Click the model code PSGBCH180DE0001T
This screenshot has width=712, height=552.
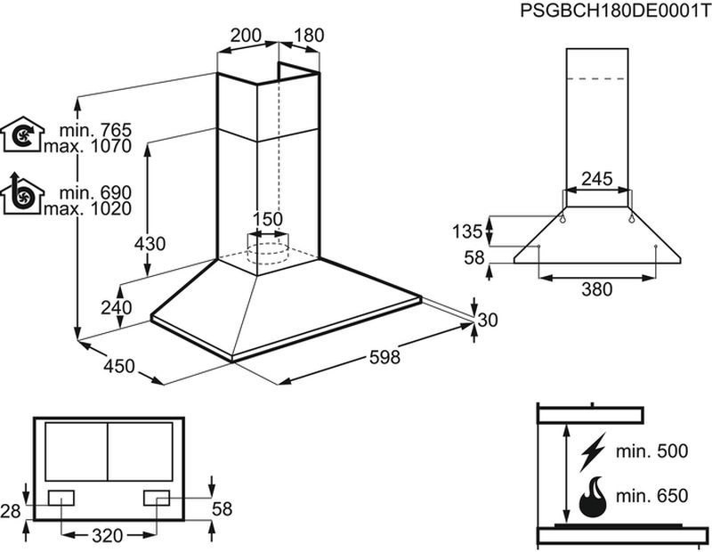click(615, 10)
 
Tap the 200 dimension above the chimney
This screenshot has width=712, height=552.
click(247, 36)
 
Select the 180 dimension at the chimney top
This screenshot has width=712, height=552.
click(309, 36)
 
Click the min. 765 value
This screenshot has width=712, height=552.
click(95, 130)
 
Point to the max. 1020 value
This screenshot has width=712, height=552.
click(87, 208)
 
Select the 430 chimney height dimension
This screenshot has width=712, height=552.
click(150, 244)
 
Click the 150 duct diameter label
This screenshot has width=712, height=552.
click(268, 219)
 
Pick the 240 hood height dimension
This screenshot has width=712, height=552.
click(117, 307)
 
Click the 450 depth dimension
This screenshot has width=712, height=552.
click(119, 366)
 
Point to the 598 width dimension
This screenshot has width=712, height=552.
click(384, 357)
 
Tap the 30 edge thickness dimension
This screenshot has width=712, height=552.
click(488, 320)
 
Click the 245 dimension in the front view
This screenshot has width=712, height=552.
click(597, 179)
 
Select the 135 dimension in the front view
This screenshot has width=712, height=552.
click(467, 231)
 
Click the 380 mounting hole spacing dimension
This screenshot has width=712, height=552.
click(597, 289)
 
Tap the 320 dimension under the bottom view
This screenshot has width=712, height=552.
click(108, 536)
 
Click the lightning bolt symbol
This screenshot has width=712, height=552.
click(593, 451)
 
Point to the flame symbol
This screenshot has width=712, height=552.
click(593, 497)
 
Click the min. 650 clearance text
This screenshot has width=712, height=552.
click(651, 496)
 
